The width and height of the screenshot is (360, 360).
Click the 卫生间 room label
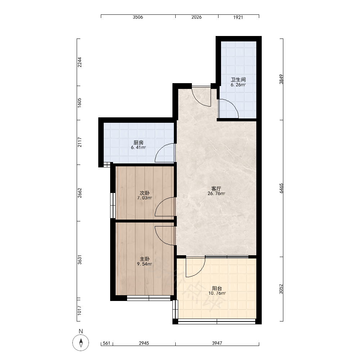238,80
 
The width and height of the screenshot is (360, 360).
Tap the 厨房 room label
139,143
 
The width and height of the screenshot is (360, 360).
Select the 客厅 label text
216,189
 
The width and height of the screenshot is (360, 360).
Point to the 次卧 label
145,193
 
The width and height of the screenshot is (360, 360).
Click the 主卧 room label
145,259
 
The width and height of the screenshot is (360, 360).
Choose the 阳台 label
217,288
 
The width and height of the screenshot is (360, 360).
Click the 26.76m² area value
216,194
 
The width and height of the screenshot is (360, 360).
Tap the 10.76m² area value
217,293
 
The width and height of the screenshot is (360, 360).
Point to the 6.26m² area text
238,85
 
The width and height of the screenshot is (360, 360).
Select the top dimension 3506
138,17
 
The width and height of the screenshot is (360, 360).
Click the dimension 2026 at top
197,17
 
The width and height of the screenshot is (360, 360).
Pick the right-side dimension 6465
282,188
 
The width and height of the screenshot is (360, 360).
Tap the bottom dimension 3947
217,343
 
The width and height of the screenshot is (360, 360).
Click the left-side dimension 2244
80,62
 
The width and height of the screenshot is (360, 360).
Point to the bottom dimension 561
107,343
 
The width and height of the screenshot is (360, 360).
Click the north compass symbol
81,343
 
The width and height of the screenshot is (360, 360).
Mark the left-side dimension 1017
80,310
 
